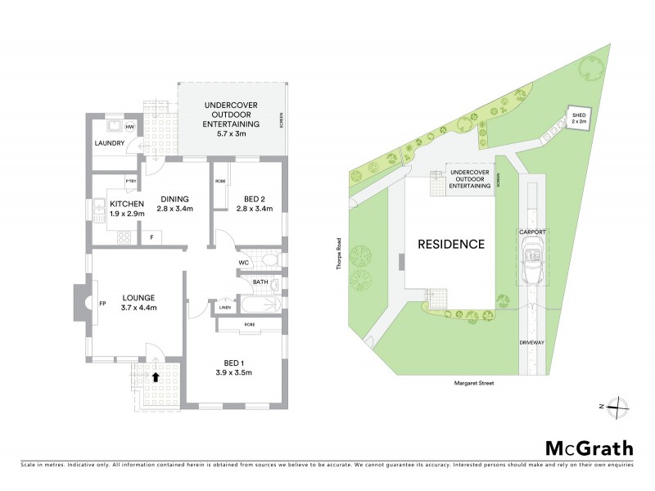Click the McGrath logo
(x=589, y=448)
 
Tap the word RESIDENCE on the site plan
(x=452, y=244)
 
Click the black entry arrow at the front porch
(x=156, y=377)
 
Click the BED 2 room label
(x=252, y=198)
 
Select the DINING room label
(x=174, y=198)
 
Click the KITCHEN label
(x=127, y=203)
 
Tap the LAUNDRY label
(x=109, y=144)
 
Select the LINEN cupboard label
(x=224, y=309)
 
